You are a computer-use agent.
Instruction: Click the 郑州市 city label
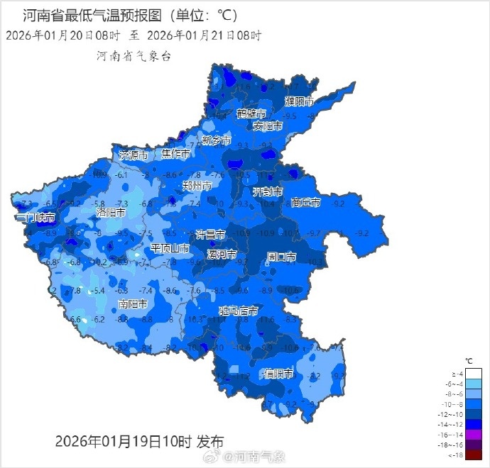coord(197,186)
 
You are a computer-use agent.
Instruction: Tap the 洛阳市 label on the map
coord(111,212)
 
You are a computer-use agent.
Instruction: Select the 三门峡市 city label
coord(35,217)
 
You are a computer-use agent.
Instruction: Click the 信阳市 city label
coord(278,374)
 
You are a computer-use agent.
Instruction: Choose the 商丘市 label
coord(306,203)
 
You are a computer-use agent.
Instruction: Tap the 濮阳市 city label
coord(299,101)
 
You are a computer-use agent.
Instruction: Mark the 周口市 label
coord(281,256)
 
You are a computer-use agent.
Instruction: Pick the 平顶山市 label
coord(170,248)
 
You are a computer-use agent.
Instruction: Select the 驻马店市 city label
coord(238,311)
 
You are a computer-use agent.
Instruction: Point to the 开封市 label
coord(268,192)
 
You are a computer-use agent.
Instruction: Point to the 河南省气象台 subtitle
coord(134,56)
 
